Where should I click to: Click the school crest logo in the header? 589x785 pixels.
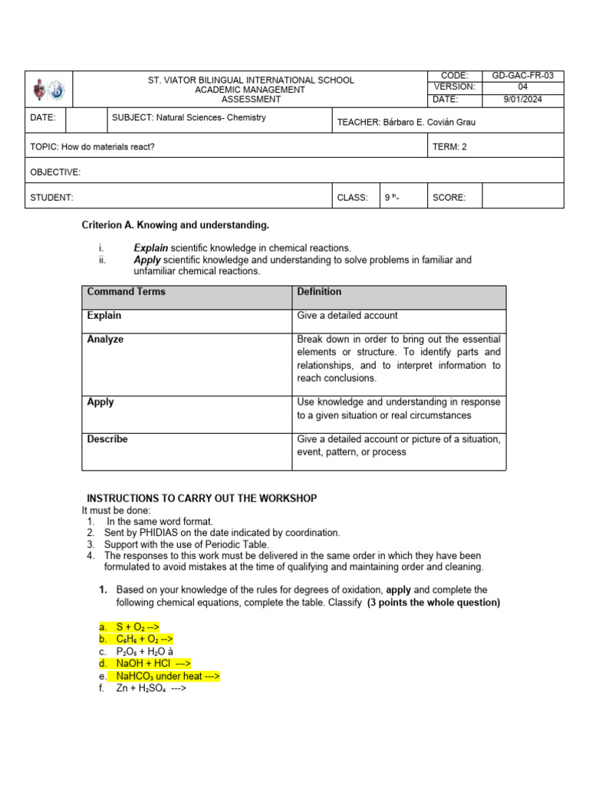point(48,90)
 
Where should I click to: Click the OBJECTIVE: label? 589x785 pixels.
point(55,172)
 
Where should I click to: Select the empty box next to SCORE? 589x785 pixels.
point(524,197)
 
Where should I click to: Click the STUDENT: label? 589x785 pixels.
point(52,197)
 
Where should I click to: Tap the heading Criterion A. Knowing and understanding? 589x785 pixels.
point(176,225)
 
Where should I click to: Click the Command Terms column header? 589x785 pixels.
point(127,292)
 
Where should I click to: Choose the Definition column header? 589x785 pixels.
point(319,292)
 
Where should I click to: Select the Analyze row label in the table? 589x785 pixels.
point(106,340)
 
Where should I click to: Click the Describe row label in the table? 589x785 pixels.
point(108,439)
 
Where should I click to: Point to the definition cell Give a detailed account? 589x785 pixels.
point(347,316)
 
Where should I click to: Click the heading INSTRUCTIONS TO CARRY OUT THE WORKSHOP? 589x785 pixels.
point(202,498)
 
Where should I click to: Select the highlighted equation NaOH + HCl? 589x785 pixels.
point(153,664)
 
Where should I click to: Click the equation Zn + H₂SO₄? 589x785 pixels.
point(151,688)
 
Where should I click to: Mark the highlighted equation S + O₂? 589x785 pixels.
point(138,627)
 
